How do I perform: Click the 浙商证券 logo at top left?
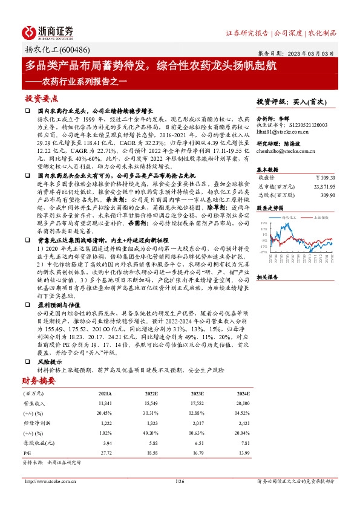click(48, 32)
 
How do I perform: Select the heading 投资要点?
click(41, 98)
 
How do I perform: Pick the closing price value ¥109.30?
click(326, 178)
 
